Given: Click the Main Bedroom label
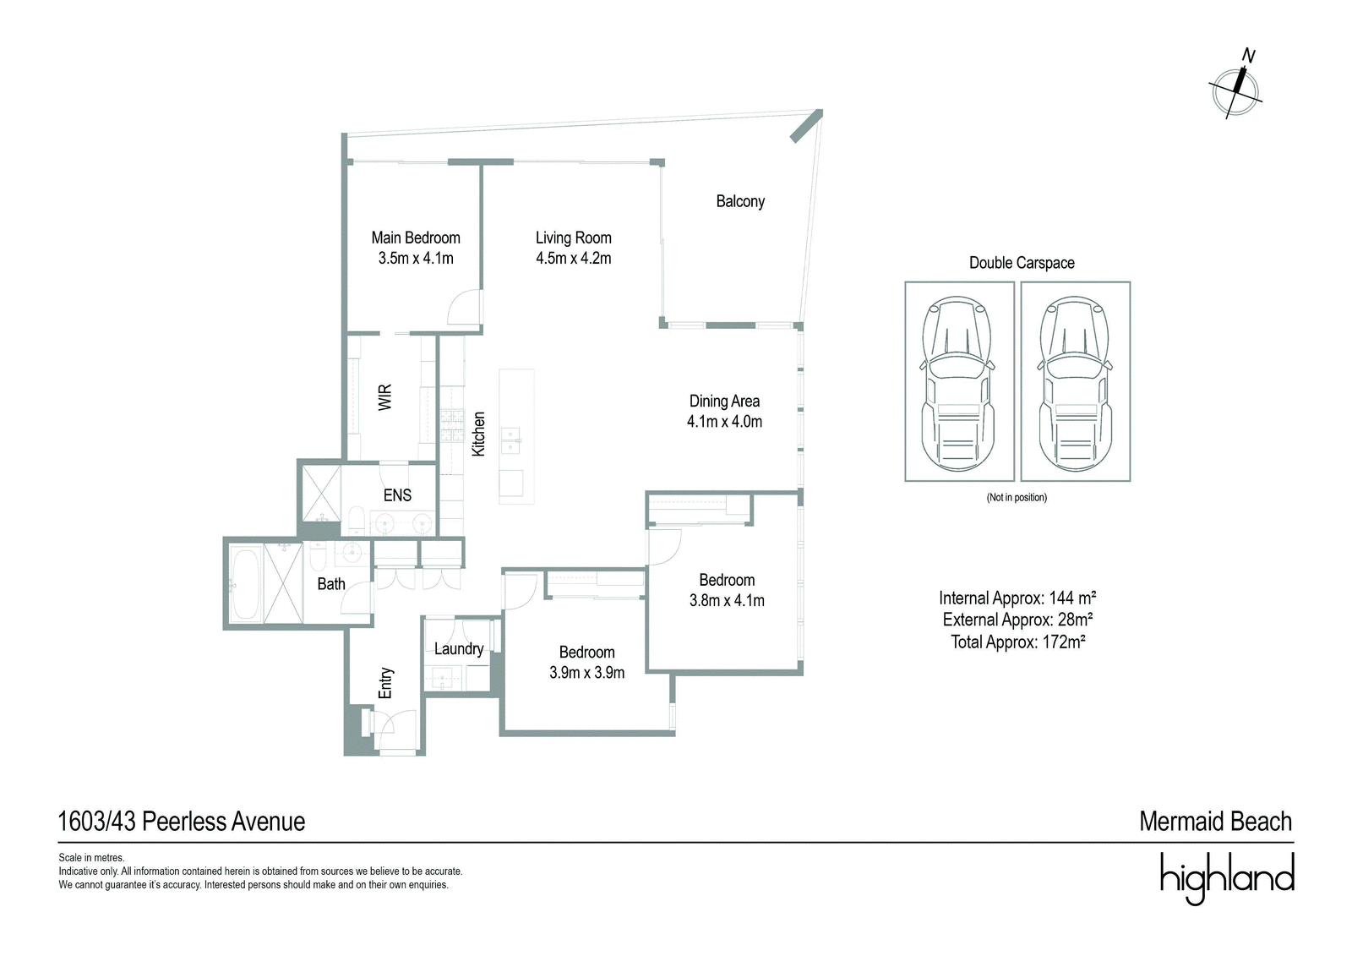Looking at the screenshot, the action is pyautogui.click(x=415, y=238).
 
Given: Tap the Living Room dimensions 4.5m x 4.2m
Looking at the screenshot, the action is pyautogui.click(x=574, y=259).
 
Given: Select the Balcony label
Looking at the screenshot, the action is pyautogui.click(x=740, y=201).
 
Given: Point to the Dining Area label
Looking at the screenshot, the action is pyautogui.click(x=724, y=401).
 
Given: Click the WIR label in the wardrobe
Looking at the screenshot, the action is pyautogui.click(x=385, y=397).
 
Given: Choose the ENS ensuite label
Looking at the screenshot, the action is pyautogui.click(x=397, y=495).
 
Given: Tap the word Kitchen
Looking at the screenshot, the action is pyautogui.click(x=478, y=434).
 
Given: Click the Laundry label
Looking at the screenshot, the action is pyautogui.click(x=459, y=649).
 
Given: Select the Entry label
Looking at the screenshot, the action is pyautogui.click(x=385, y=683).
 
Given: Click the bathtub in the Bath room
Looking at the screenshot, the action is pyautogui.click(x=246, y=583).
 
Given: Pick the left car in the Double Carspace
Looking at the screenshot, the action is pyautogui.click(x=958, y=383).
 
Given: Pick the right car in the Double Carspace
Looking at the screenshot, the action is pyautogui.click(x=1074, y=383).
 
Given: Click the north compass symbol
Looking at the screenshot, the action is pyautogui.click(x=1235, y=90).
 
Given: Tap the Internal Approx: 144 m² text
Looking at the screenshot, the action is pyautogui.click(x=1017, y=598).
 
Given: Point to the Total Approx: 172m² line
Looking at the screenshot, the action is pyautogui.click(x=1018, y=642).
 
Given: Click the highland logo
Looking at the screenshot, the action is pyautogui.click(x=1227, y=878).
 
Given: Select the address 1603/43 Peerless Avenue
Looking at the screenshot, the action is pyautogui.click(x=181, y=822).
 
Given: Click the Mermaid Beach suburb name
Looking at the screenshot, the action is pyautogui.click(x=1216, y=822).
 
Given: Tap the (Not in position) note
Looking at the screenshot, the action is pyautogui.click(x=1017, y=498).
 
